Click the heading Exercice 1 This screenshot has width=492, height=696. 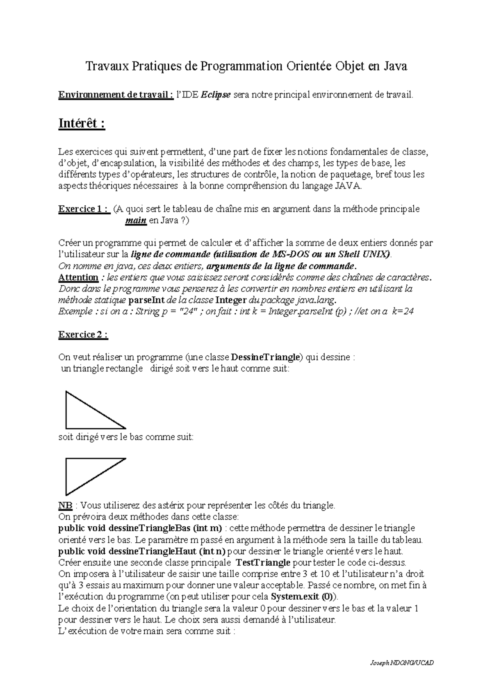pyautogui.click(x=84, y=209)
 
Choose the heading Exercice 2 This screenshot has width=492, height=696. pyautogui.click(x=83, y=334)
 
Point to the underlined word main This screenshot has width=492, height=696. pyautogui.click(x=135, y=221)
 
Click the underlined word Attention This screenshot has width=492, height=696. pyautogui.click(x=78, y=277)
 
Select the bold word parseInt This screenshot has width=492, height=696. pyautogui.click(x=147, y=300)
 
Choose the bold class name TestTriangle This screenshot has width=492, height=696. pyautogui.click(x=264, y=562)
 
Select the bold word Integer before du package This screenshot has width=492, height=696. pyautogui.click(x=232, y=300)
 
